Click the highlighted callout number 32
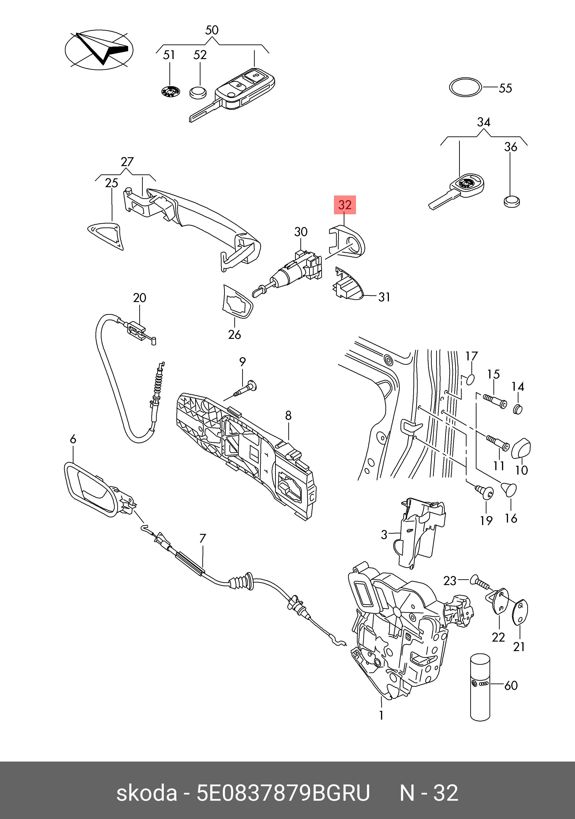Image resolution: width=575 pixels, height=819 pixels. point(345,205)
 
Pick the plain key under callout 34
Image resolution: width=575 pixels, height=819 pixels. point(459,191)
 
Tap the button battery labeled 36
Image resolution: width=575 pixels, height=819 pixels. point(511,202)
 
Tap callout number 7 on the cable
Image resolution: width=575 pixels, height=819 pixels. point(202,538)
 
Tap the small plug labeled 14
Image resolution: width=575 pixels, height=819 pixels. point(518,409)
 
